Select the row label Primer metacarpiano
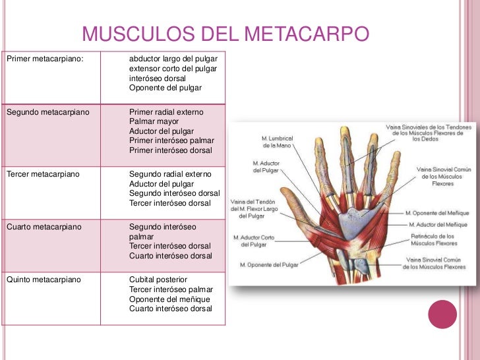[x=45, y=59]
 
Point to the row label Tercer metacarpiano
[x=43, y=175]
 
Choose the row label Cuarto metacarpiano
[x=44, y=227]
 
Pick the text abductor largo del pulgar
[x=173, y=59]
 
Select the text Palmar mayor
[x=154, y=122]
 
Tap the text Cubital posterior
[x=158, y=280]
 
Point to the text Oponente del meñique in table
[x=171, y=299]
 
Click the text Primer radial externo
[x=167, y=113]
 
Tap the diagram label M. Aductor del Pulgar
[x=264, y=167]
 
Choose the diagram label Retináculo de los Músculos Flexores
[x=433, y=239]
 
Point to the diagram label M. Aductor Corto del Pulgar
[x=254, y=241]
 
